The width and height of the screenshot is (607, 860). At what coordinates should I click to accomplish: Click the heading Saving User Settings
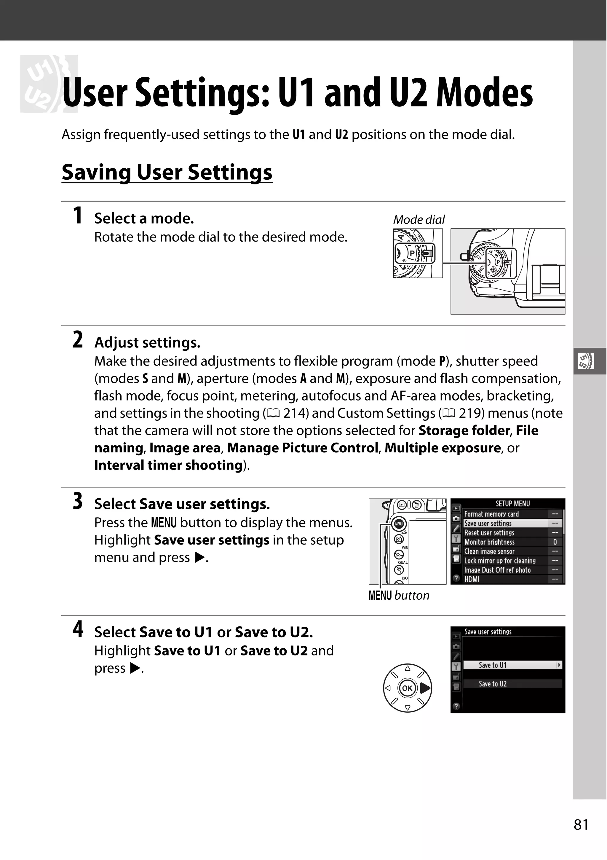(x=167, y=172)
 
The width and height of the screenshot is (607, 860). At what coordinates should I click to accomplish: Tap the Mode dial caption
(x=419, y=219)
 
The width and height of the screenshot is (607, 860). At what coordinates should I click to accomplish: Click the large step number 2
(x=78, y=340)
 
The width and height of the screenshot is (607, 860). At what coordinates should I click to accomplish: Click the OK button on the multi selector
(x=407, y=688)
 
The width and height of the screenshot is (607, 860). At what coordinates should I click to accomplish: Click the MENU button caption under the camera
(x=399, y=596)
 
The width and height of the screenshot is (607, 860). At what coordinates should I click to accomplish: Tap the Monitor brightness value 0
(x=555, y=542)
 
